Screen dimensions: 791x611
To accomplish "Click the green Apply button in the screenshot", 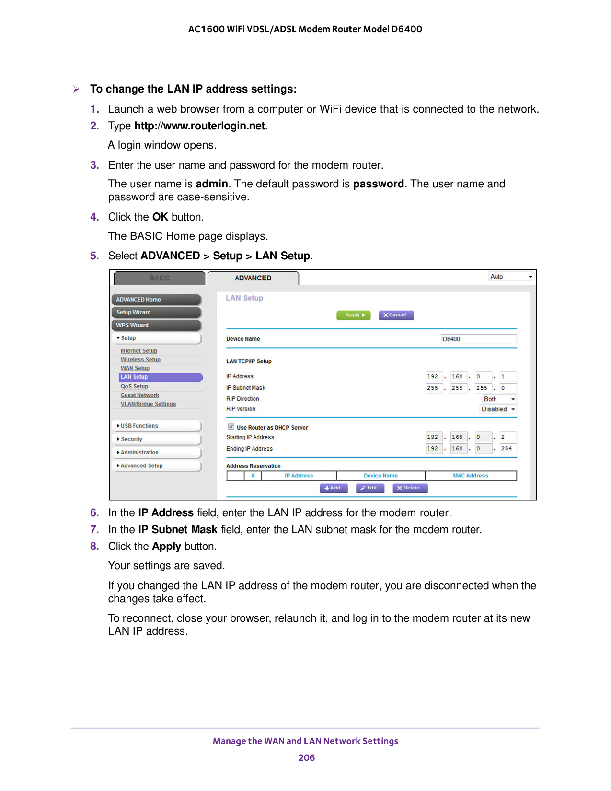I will tap(354, 315).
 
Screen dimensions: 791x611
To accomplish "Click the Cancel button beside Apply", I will tap(396, 315).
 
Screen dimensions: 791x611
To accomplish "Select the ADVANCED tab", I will tap(253, 278).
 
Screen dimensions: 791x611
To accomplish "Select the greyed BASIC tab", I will tap(160, 278).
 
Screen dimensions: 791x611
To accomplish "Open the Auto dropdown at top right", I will tap(511, 277).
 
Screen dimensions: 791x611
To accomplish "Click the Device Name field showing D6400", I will tap(478, 339).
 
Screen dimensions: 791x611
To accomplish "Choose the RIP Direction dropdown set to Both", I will tap(499, 399).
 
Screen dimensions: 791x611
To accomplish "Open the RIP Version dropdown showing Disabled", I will tap(498, 409).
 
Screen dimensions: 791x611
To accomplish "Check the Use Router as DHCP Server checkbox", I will tap(231, 427).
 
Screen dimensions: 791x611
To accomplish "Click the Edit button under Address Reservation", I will tap(369, 488).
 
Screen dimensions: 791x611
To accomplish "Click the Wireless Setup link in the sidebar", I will tap(140, 360).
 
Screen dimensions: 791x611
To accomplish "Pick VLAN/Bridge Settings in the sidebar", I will tap(148, 404).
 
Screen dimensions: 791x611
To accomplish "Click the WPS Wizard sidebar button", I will tap(156, 325).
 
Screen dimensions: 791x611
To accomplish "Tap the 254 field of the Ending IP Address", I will tap(507, 449).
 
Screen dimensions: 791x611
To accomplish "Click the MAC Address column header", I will tap(470, 476).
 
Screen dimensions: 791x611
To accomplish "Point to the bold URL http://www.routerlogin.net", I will tap(199, 126).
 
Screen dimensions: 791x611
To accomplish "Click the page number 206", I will tap(306, 757).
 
